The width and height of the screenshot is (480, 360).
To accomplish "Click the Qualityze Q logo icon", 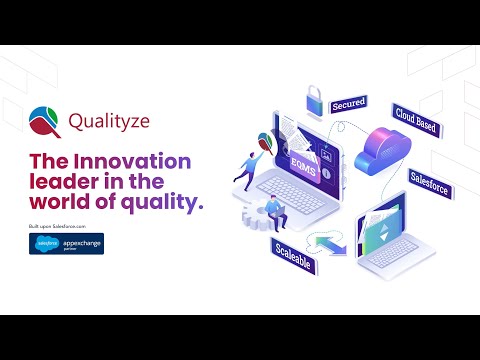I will point(45,121).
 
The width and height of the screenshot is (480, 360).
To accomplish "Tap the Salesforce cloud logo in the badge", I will point(47,243).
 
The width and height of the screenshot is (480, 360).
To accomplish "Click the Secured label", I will point(349,104).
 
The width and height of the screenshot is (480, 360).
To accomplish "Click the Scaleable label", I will point(289,253).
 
